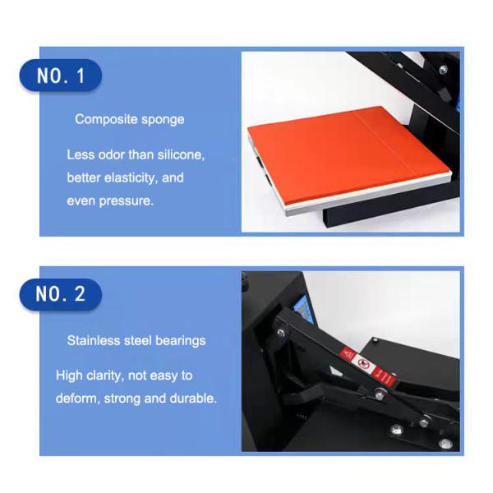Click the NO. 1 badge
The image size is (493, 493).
[x=61, y=76]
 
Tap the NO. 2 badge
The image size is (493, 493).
[x=61, y=295]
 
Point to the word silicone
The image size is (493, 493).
[x=181, y=154]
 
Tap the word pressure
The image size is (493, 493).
[x=127, y=201]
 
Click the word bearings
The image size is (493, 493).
[x=181, y=342]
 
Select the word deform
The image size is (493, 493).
[x=78, y=399]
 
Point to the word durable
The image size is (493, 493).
[x=193, y=399]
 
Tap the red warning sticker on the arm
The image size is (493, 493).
[x=368, y=366]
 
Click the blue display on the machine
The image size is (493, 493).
[x=304, y=309]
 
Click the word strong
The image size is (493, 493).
[x=122, y=399]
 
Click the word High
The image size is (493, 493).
[x=69, y=376]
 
